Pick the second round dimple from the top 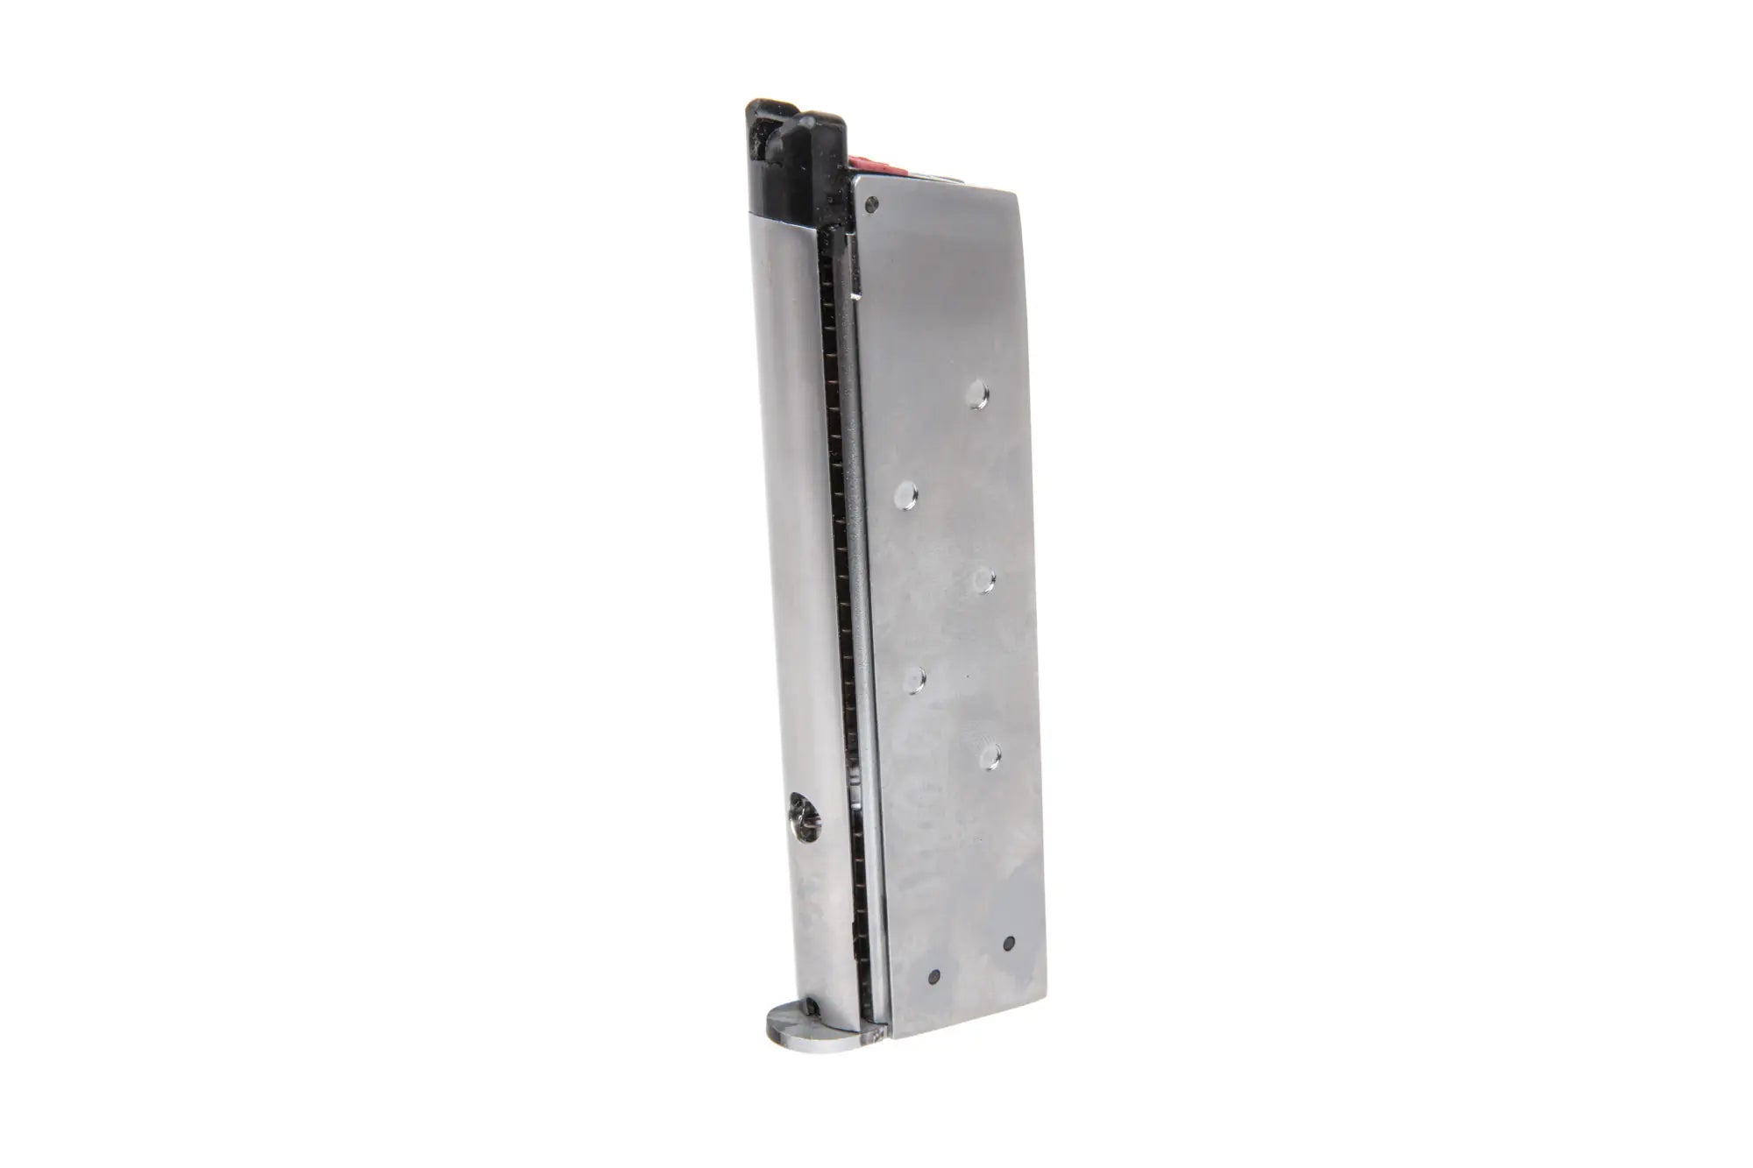[x=905, y=496]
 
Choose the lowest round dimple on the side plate [x=989, y=757]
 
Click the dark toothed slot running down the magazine [x=840, y=613]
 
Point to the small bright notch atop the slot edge [x=852, y=300]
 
